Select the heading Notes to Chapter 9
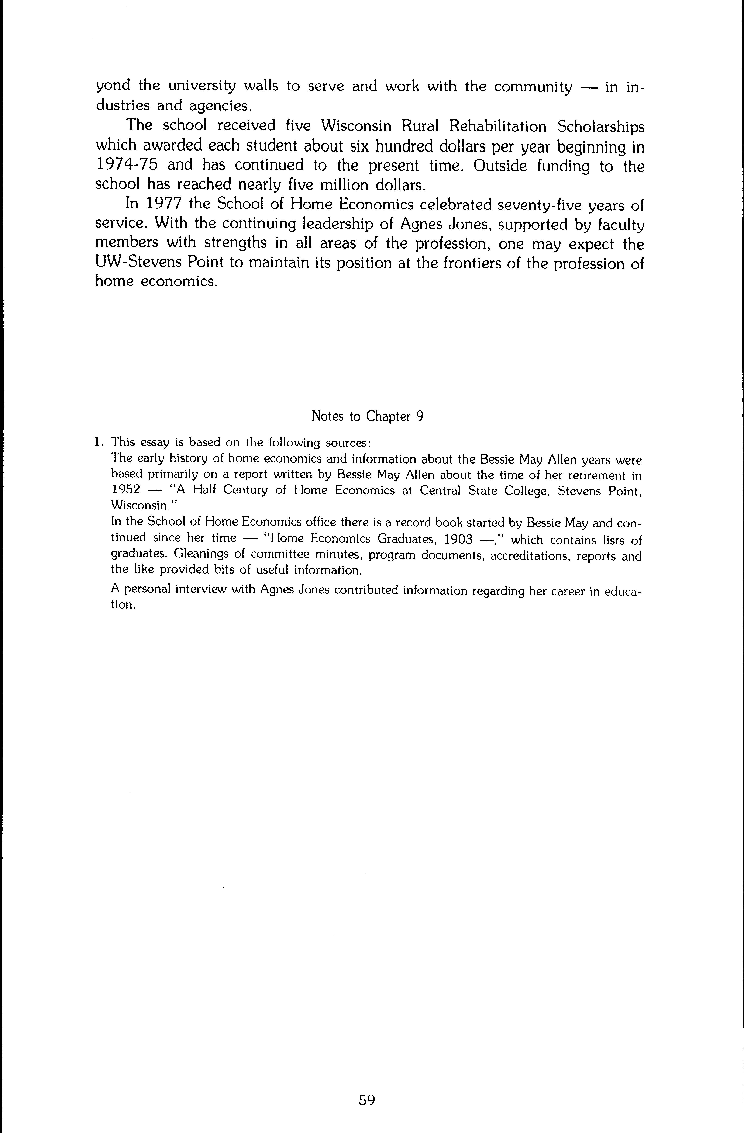point(367,416)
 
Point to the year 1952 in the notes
point(126,490)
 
